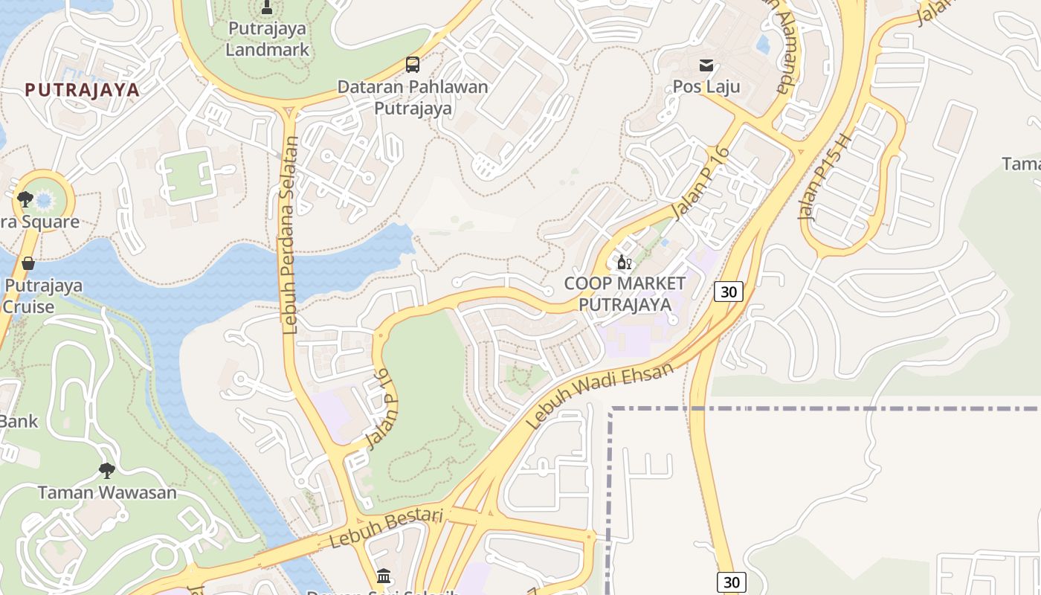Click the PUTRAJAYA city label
(82, 90)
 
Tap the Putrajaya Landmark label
(267, 39)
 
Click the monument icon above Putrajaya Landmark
(267, 8)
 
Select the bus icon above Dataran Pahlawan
(413, 65)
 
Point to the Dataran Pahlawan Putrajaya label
(413, 97)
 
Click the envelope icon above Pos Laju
(706, 65)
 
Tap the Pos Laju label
(706, 87)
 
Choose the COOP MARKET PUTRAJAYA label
(625, 294)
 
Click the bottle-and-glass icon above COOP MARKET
(624, 263)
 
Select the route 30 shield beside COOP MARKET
(728, 292)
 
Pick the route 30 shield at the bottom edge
(732, 582)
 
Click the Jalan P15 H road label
(823, 177)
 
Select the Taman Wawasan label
(107, 492)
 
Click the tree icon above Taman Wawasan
(107, 470)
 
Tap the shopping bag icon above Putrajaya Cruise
(28, 263)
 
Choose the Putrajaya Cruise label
(43, 296)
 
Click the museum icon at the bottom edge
(384, 576)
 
